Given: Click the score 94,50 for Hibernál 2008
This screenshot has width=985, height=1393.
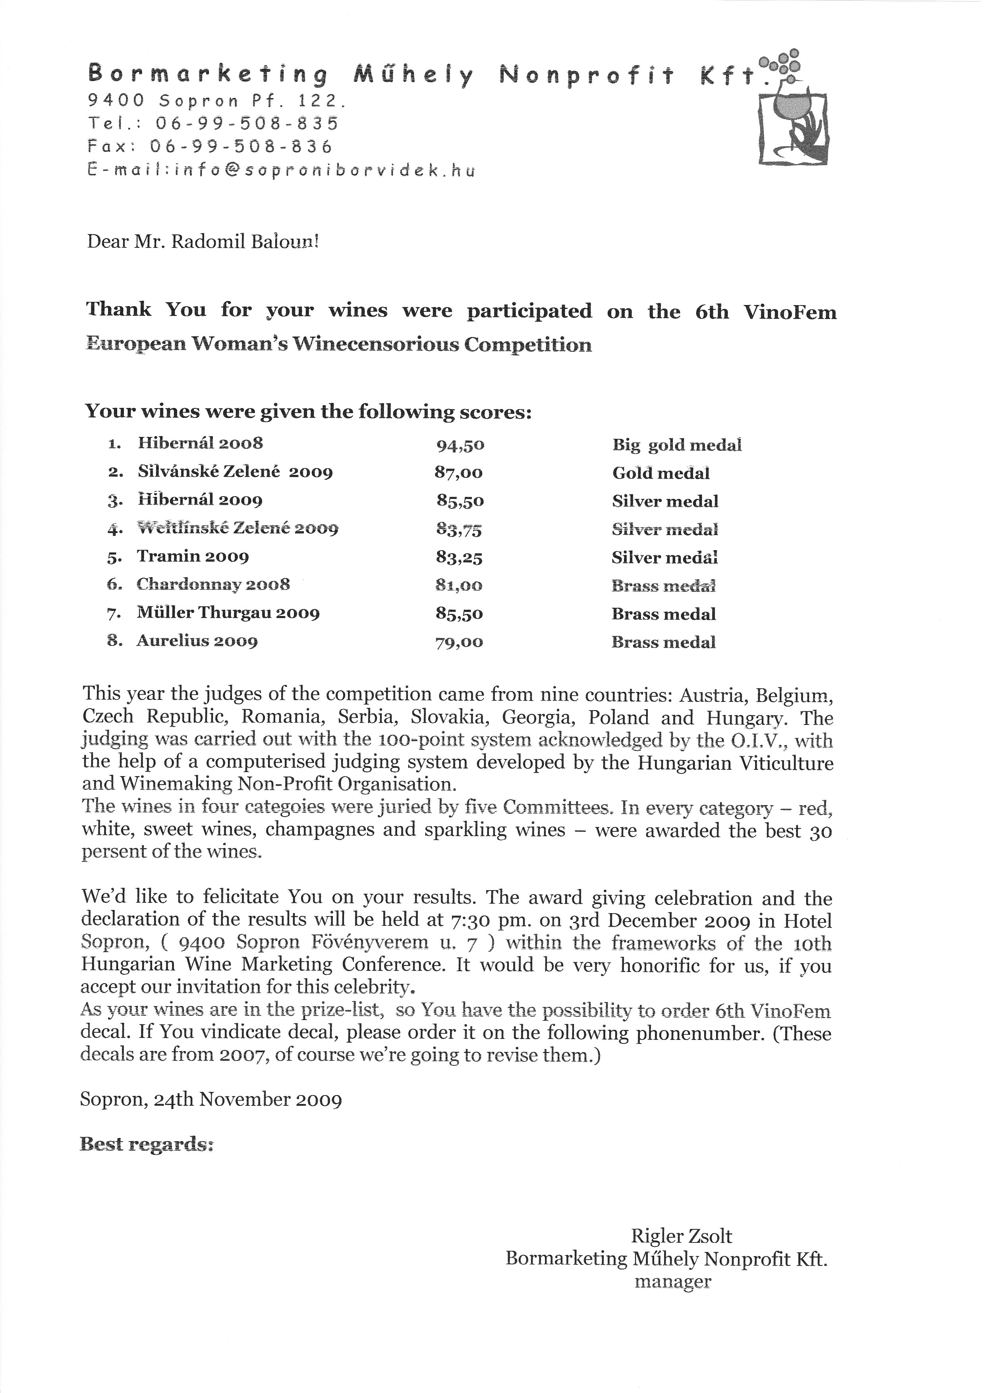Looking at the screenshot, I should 460,445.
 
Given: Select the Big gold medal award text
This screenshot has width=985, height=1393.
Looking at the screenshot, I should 676,445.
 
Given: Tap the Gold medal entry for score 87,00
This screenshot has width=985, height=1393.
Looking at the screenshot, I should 661,473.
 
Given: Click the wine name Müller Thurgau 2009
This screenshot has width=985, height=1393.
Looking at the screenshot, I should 228,613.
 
